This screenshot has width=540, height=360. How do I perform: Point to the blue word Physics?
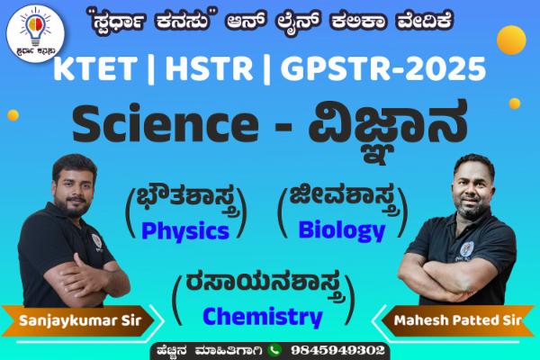point(185,230)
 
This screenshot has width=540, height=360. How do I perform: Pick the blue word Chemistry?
point(262,316)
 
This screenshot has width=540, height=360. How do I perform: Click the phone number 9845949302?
point(334,349)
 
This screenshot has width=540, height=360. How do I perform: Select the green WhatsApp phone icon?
point(274,349)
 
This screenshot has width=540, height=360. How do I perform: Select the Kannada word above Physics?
point(184,198)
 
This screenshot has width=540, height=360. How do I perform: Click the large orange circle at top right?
point(510,39)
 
